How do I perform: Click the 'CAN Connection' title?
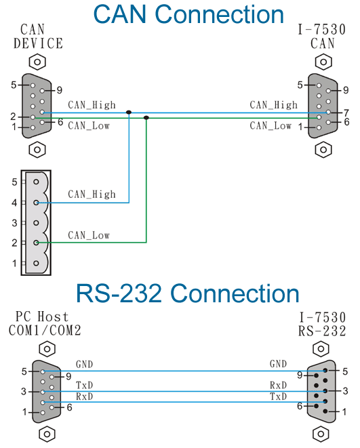click(x=188, y=14)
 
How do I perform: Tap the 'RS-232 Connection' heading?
click(x=187, y=293)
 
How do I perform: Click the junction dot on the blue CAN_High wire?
click(x=129, y=113)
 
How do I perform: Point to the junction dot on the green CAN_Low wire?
click(x=146, y=117)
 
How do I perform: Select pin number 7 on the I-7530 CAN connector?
click(x=346, y=113)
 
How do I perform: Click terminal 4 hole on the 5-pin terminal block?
click(x=36, y=203)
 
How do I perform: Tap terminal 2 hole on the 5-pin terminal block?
click(x=36, y=243)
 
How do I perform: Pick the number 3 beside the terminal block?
click(x=14, y=222)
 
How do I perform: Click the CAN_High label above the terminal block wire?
click(x=92, y=195)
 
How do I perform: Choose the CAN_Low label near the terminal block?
click(x=89, y=235)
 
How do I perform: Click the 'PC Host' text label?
click(x=42, y=317)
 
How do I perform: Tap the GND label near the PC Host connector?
click(x=84, y=364)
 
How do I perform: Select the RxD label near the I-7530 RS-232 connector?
click(x=278, y=385)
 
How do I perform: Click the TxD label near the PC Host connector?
click(x=84, y=385)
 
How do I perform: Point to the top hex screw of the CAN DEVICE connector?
click(x=37, y=62)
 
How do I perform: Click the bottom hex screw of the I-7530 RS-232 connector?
click(x=321, y=434)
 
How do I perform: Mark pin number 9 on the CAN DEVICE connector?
click(x=59, y=90)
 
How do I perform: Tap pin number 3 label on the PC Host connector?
click(x=24, y=392)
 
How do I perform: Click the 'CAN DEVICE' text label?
click(x=38, y=37)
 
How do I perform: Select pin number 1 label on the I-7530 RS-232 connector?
click(x=344, y=411)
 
